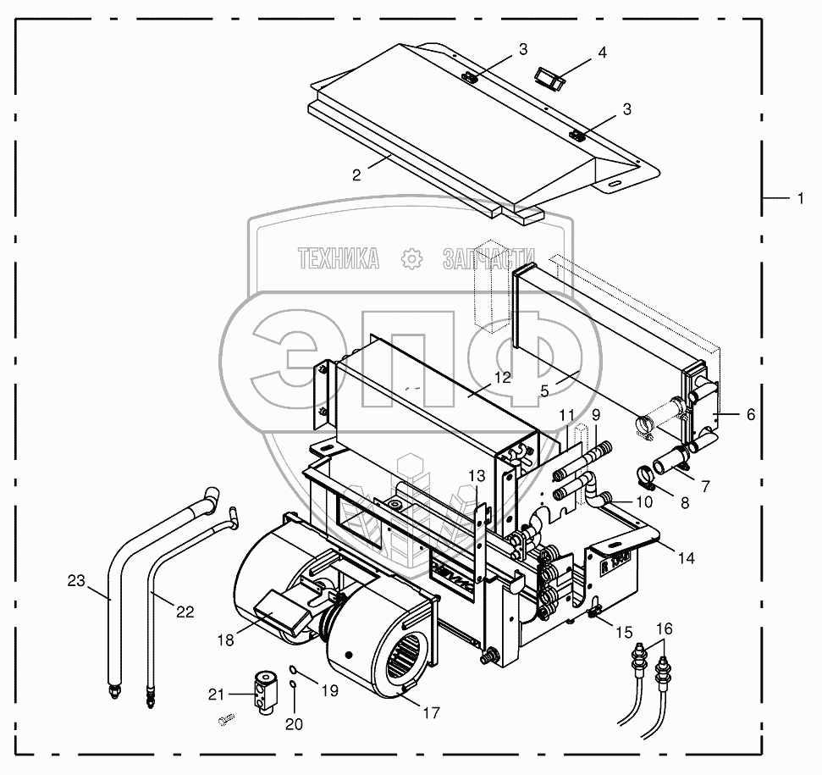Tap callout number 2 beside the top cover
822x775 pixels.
(x=356, y=174)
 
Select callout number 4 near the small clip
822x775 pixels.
(x=602, y=53)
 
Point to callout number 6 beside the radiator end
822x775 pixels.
(x=751, y=414)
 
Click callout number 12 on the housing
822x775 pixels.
(x=503, y=378)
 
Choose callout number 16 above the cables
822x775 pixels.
(x=665, y=628)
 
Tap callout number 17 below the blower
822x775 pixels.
(x=431, y=712)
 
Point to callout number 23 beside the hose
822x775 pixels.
(x=77, y=580)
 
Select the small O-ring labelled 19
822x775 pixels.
(x=290, y=668)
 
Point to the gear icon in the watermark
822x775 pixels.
(x=411, y=259)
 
